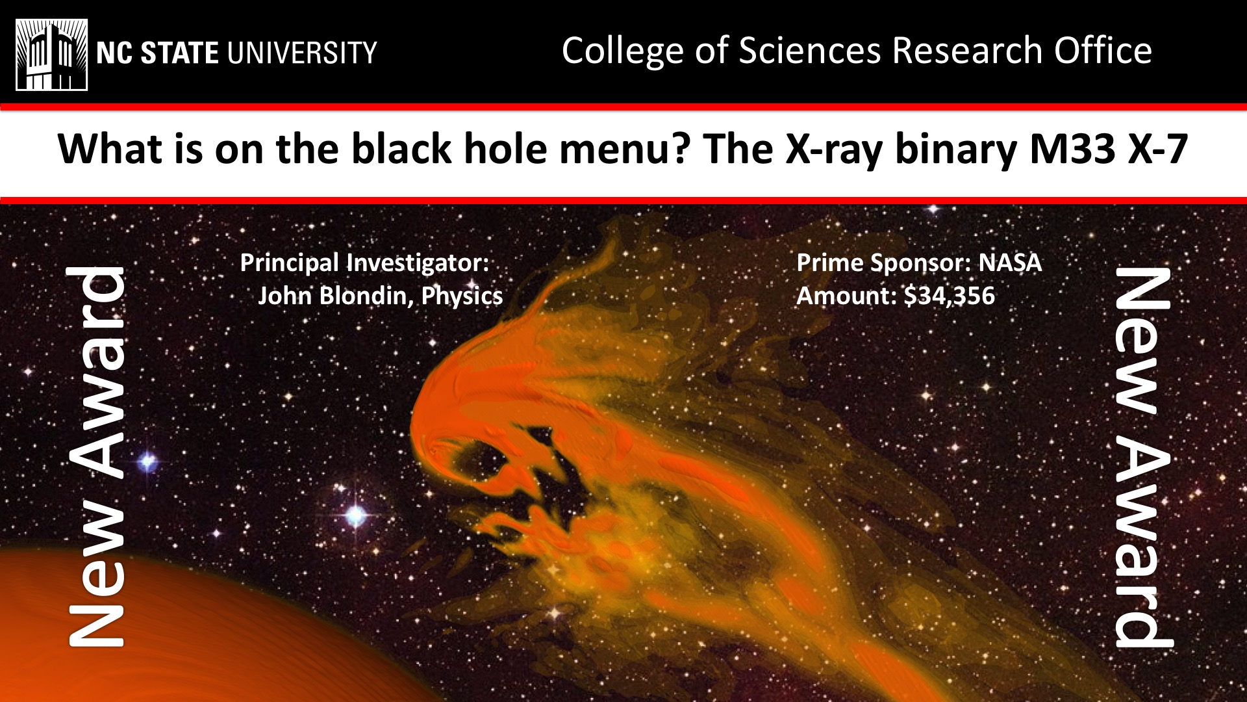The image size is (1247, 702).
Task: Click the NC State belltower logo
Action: point(51,55)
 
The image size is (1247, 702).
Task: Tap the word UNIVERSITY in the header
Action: point(302,53)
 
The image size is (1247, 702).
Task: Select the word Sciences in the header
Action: point(810,50)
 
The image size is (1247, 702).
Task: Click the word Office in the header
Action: point(1103,50)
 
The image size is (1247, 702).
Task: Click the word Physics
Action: point(462,296)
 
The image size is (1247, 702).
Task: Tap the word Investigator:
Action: point(418,263)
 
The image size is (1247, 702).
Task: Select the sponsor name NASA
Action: point(1010,263)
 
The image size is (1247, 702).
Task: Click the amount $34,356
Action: point(950,296)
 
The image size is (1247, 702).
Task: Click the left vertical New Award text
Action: point(96,457)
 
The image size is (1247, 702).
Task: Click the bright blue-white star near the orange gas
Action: point(355,515)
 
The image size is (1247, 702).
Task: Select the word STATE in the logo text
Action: point(179,53)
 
